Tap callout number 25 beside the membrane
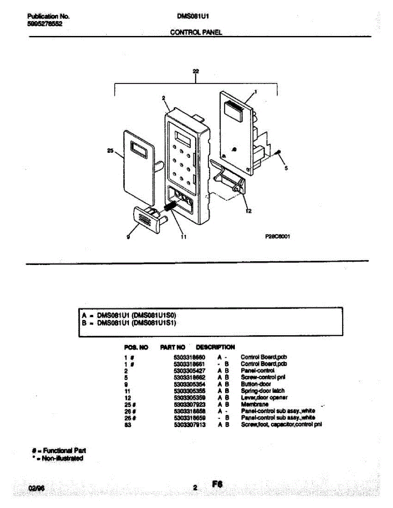[x=110, y=150]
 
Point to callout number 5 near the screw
[x=286, y=168]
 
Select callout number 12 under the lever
[x=248, y=212]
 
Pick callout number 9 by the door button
[x=128, y=237]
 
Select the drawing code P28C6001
[x=277, y=237]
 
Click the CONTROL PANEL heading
[x=196, y=32]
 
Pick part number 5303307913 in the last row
[x=190, y=425]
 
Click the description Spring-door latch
[x=262, y=391]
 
